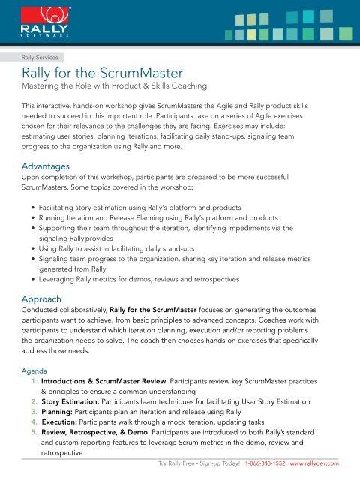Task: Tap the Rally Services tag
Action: [43, 56]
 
